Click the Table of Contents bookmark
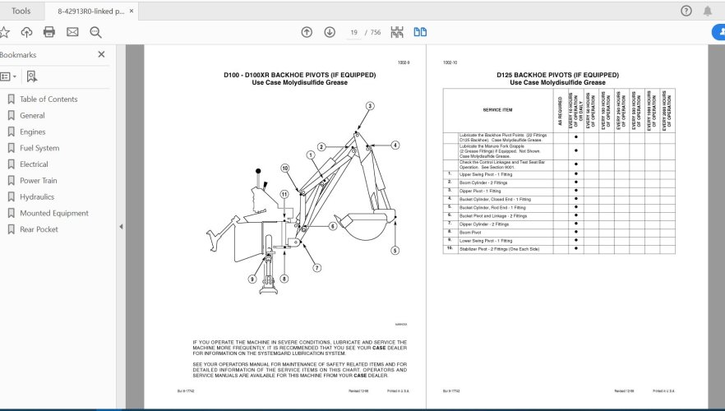48,99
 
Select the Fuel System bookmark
39,148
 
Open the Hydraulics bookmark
37,197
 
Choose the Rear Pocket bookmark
39,229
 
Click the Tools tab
21,11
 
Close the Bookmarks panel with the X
101,54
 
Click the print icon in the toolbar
49,32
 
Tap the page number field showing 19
354,32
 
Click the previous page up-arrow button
307,32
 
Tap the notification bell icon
708,11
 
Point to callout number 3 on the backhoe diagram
370,106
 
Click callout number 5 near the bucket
395,251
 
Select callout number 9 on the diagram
252,279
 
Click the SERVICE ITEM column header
497,110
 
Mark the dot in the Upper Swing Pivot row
576,174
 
